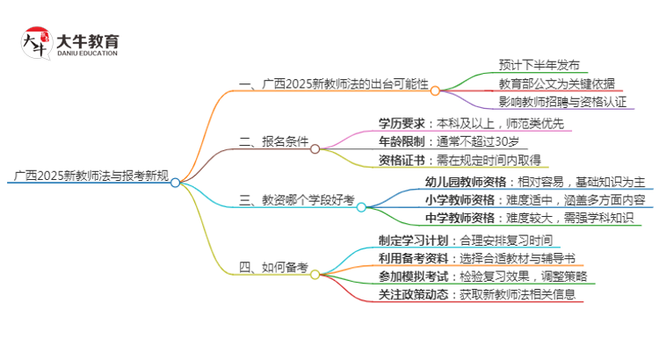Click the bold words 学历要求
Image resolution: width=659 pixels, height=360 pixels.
pyautogui.click(x=402, y=123)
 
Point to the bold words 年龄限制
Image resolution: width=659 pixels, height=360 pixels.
pyautogui.click(x=402, y=141)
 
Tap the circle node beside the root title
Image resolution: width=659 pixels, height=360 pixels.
pyautogui.click(x=175, y=183)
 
